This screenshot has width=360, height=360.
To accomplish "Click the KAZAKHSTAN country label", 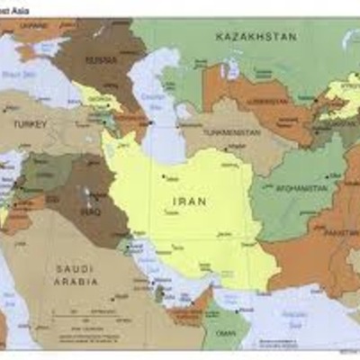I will pyautogui.click(x=256, y=37).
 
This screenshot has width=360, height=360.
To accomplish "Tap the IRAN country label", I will pyautogui.click(x=189, y=202).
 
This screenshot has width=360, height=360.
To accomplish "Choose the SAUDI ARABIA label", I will pyautogui.click(x=76, y=274).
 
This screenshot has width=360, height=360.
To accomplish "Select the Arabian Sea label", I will pyautogui.click(x=297, y=315).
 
